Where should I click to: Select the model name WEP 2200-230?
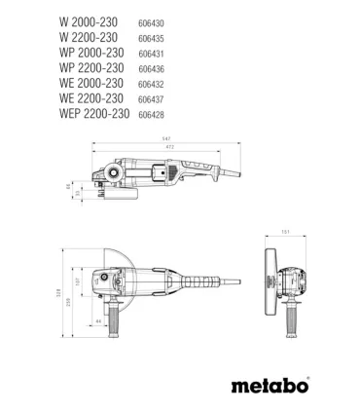(103, 113)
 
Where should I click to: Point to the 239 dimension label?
(66, 303)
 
